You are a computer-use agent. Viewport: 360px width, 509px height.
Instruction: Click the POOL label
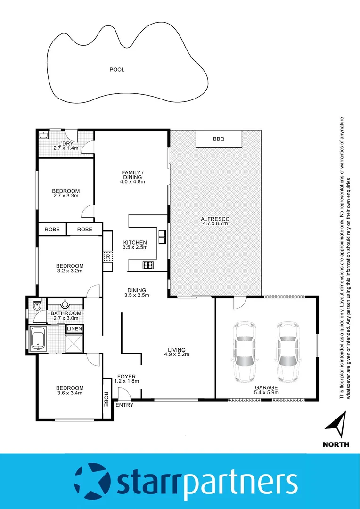[117, 70]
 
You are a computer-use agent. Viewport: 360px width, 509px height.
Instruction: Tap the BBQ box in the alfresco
[219, 139]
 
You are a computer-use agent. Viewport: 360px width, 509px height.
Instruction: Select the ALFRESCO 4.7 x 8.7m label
[215, 222]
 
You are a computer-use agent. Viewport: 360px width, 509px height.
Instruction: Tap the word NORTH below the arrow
[336, 444]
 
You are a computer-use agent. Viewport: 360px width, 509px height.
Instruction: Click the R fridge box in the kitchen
[108, 257]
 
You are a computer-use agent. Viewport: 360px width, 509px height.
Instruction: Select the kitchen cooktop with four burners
[148, 265]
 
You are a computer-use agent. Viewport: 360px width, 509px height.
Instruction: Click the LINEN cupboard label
[74, 328]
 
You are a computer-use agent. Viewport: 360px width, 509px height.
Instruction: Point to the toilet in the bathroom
[37, 306]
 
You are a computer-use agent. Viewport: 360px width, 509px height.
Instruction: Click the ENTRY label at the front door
[124, 405]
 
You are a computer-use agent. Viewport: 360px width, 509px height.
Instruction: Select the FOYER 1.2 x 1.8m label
[128, 378]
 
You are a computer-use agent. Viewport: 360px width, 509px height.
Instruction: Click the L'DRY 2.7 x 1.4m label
[66, 146]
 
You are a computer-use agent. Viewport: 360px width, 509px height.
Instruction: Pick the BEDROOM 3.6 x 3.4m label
[70, 390]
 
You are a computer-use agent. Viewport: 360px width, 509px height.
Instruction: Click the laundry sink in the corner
[44, 136]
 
